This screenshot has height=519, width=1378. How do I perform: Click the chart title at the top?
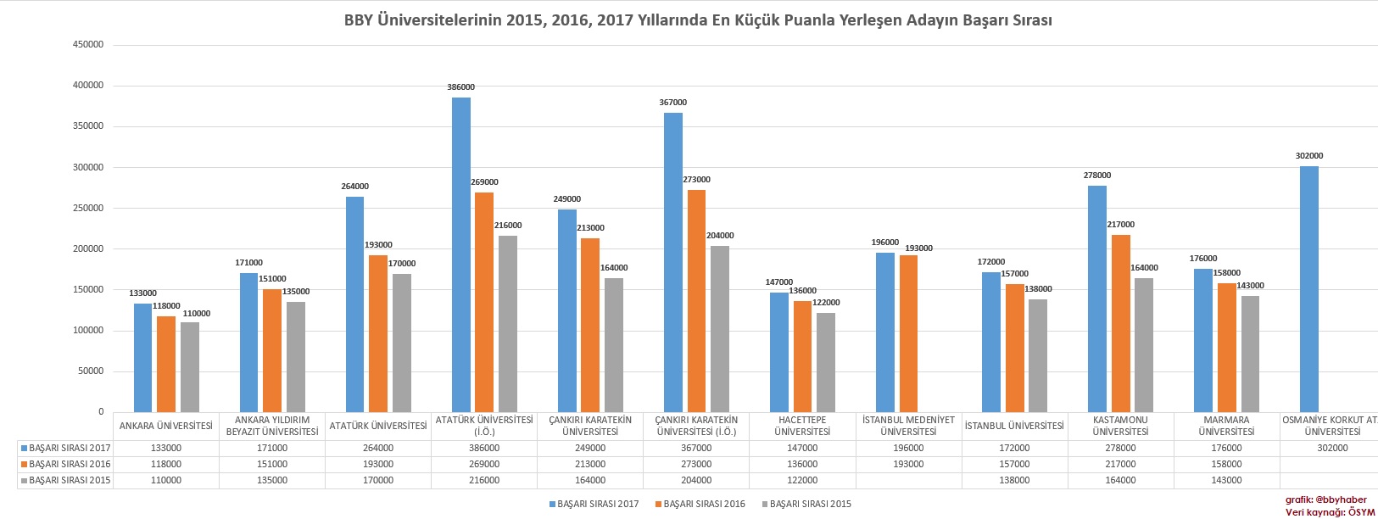(698, 20)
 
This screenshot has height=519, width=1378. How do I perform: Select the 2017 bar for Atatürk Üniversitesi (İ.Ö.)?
(461, 254)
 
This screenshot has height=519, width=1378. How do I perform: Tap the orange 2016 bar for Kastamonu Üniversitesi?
(1120, 323)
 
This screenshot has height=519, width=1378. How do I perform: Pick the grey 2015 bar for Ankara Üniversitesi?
(190, 366)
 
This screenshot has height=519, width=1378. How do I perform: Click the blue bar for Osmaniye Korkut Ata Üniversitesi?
(1309, 288)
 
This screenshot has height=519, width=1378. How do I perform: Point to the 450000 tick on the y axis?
(88, 45)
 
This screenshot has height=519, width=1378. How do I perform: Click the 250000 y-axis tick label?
(88, 208)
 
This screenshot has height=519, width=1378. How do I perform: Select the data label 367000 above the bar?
(672, 103)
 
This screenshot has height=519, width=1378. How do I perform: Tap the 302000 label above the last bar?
(1309, 156)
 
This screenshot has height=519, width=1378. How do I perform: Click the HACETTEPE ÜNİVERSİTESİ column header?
(802, 426)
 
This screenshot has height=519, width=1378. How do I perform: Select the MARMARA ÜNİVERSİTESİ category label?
(1226, 426)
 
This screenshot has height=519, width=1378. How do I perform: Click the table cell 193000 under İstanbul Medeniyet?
(908, 464)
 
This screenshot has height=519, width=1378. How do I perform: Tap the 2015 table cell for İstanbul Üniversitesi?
(1014, 480)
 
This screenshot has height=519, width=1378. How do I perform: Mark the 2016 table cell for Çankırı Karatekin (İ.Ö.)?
(696, 464)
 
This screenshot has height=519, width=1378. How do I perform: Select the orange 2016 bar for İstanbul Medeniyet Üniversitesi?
(909, 333)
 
